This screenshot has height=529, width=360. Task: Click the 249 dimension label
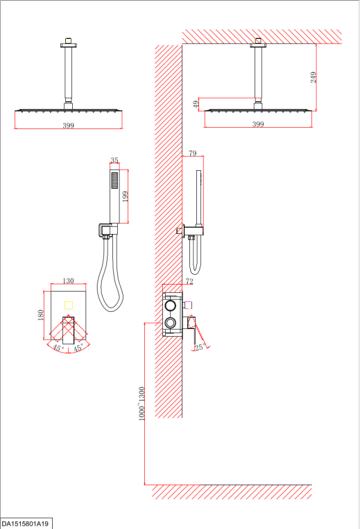pos(314,77)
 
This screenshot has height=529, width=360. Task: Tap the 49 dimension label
pos(196,104)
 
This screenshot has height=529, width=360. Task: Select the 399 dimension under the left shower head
pos(68,126)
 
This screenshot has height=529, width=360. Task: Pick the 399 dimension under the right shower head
pos(258,124)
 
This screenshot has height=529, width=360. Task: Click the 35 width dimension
pos(114,160)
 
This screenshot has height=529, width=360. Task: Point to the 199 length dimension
pos(125,196)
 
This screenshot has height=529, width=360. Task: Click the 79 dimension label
pos(192,153)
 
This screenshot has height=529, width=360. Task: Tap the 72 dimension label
pos(189,281)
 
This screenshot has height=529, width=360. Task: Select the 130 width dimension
pos(68,280)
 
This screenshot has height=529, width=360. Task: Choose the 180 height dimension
pos(41,315)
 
